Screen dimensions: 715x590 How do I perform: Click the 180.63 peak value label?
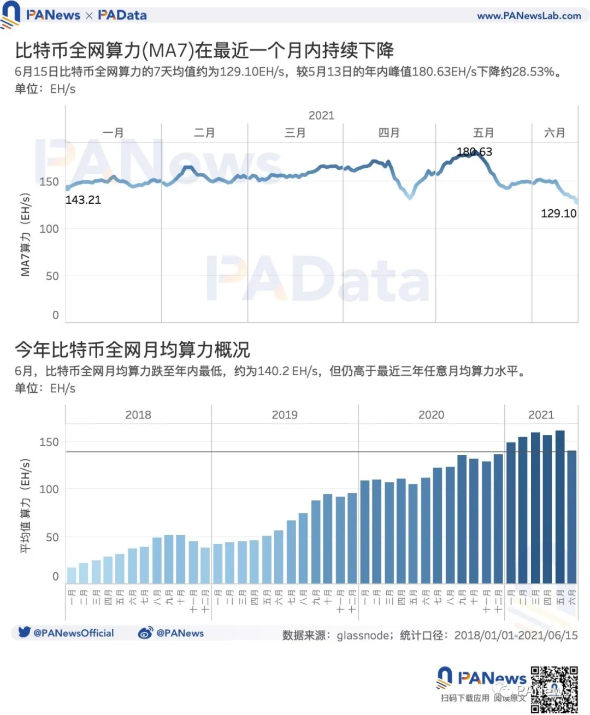pos(474,152)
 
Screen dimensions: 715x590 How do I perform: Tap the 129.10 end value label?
pos(558,214)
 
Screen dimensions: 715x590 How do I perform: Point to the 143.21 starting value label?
pos(83,200)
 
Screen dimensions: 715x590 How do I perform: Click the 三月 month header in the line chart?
pos(295,133)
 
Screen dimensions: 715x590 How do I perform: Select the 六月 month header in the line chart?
pos(554,133)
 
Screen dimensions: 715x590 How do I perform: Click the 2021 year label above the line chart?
pos(321,115)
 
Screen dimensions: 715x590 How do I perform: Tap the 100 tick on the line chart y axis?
pos(49,229)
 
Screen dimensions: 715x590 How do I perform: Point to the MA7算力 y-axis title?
pos(25,235)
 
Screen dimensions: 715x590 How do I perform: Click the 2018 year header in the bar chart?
pos(138,415)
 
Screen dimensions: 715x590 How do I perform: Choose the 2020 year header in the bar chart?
pos(431,415)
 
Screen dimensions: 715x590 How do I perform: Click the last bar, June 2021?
pos(572,517)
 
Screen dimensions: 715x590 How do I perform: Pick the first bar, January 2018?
pos(72,575)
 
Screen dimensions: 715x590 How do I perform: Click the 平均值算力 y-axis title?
pos(25,505)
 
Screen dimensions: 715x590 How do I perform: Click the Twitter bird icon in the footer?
pos(24,633)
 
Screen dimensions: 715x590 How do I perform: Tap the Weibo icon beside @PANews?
pos(145,633)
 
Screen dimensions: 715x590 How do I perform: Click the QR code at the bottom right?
pos(554,689)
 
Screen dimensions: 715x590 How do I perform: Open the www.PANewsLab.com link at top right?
pos(529,16)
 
